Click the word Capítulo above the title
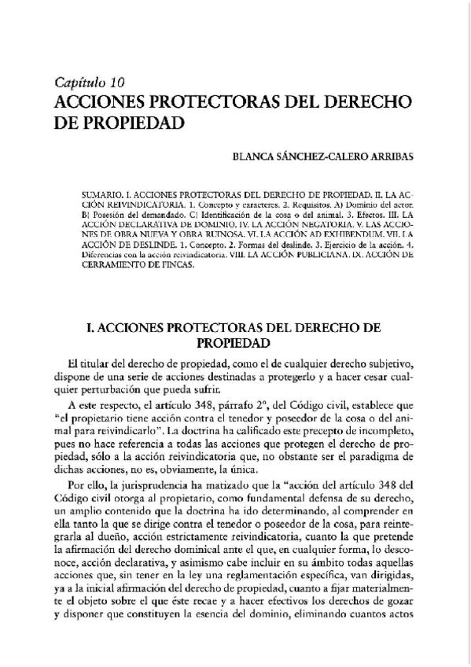point(81,83)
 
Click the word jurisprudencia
point(157,488)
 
